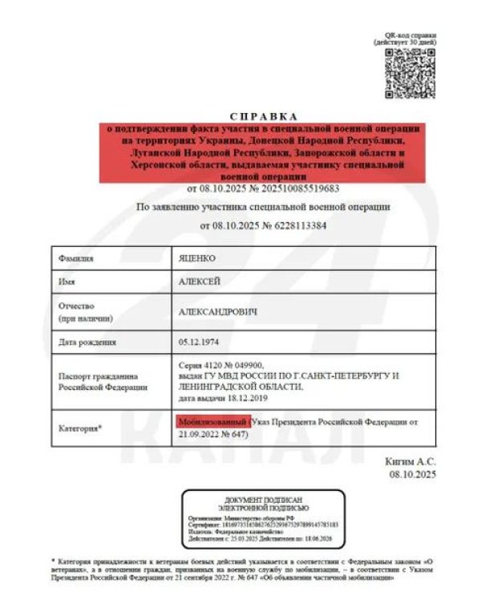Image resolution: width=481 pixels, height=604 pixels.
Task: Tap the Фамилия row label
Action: pos(76,258)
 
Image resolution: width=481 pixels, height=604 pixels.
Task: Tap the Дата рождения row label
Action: pos(87,342)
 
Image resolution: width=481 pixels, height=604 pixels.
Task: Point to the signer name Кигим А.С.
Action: pos(412,463)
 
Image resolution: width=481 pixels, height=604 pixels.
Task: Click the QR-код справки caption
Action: pos(409,36)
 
